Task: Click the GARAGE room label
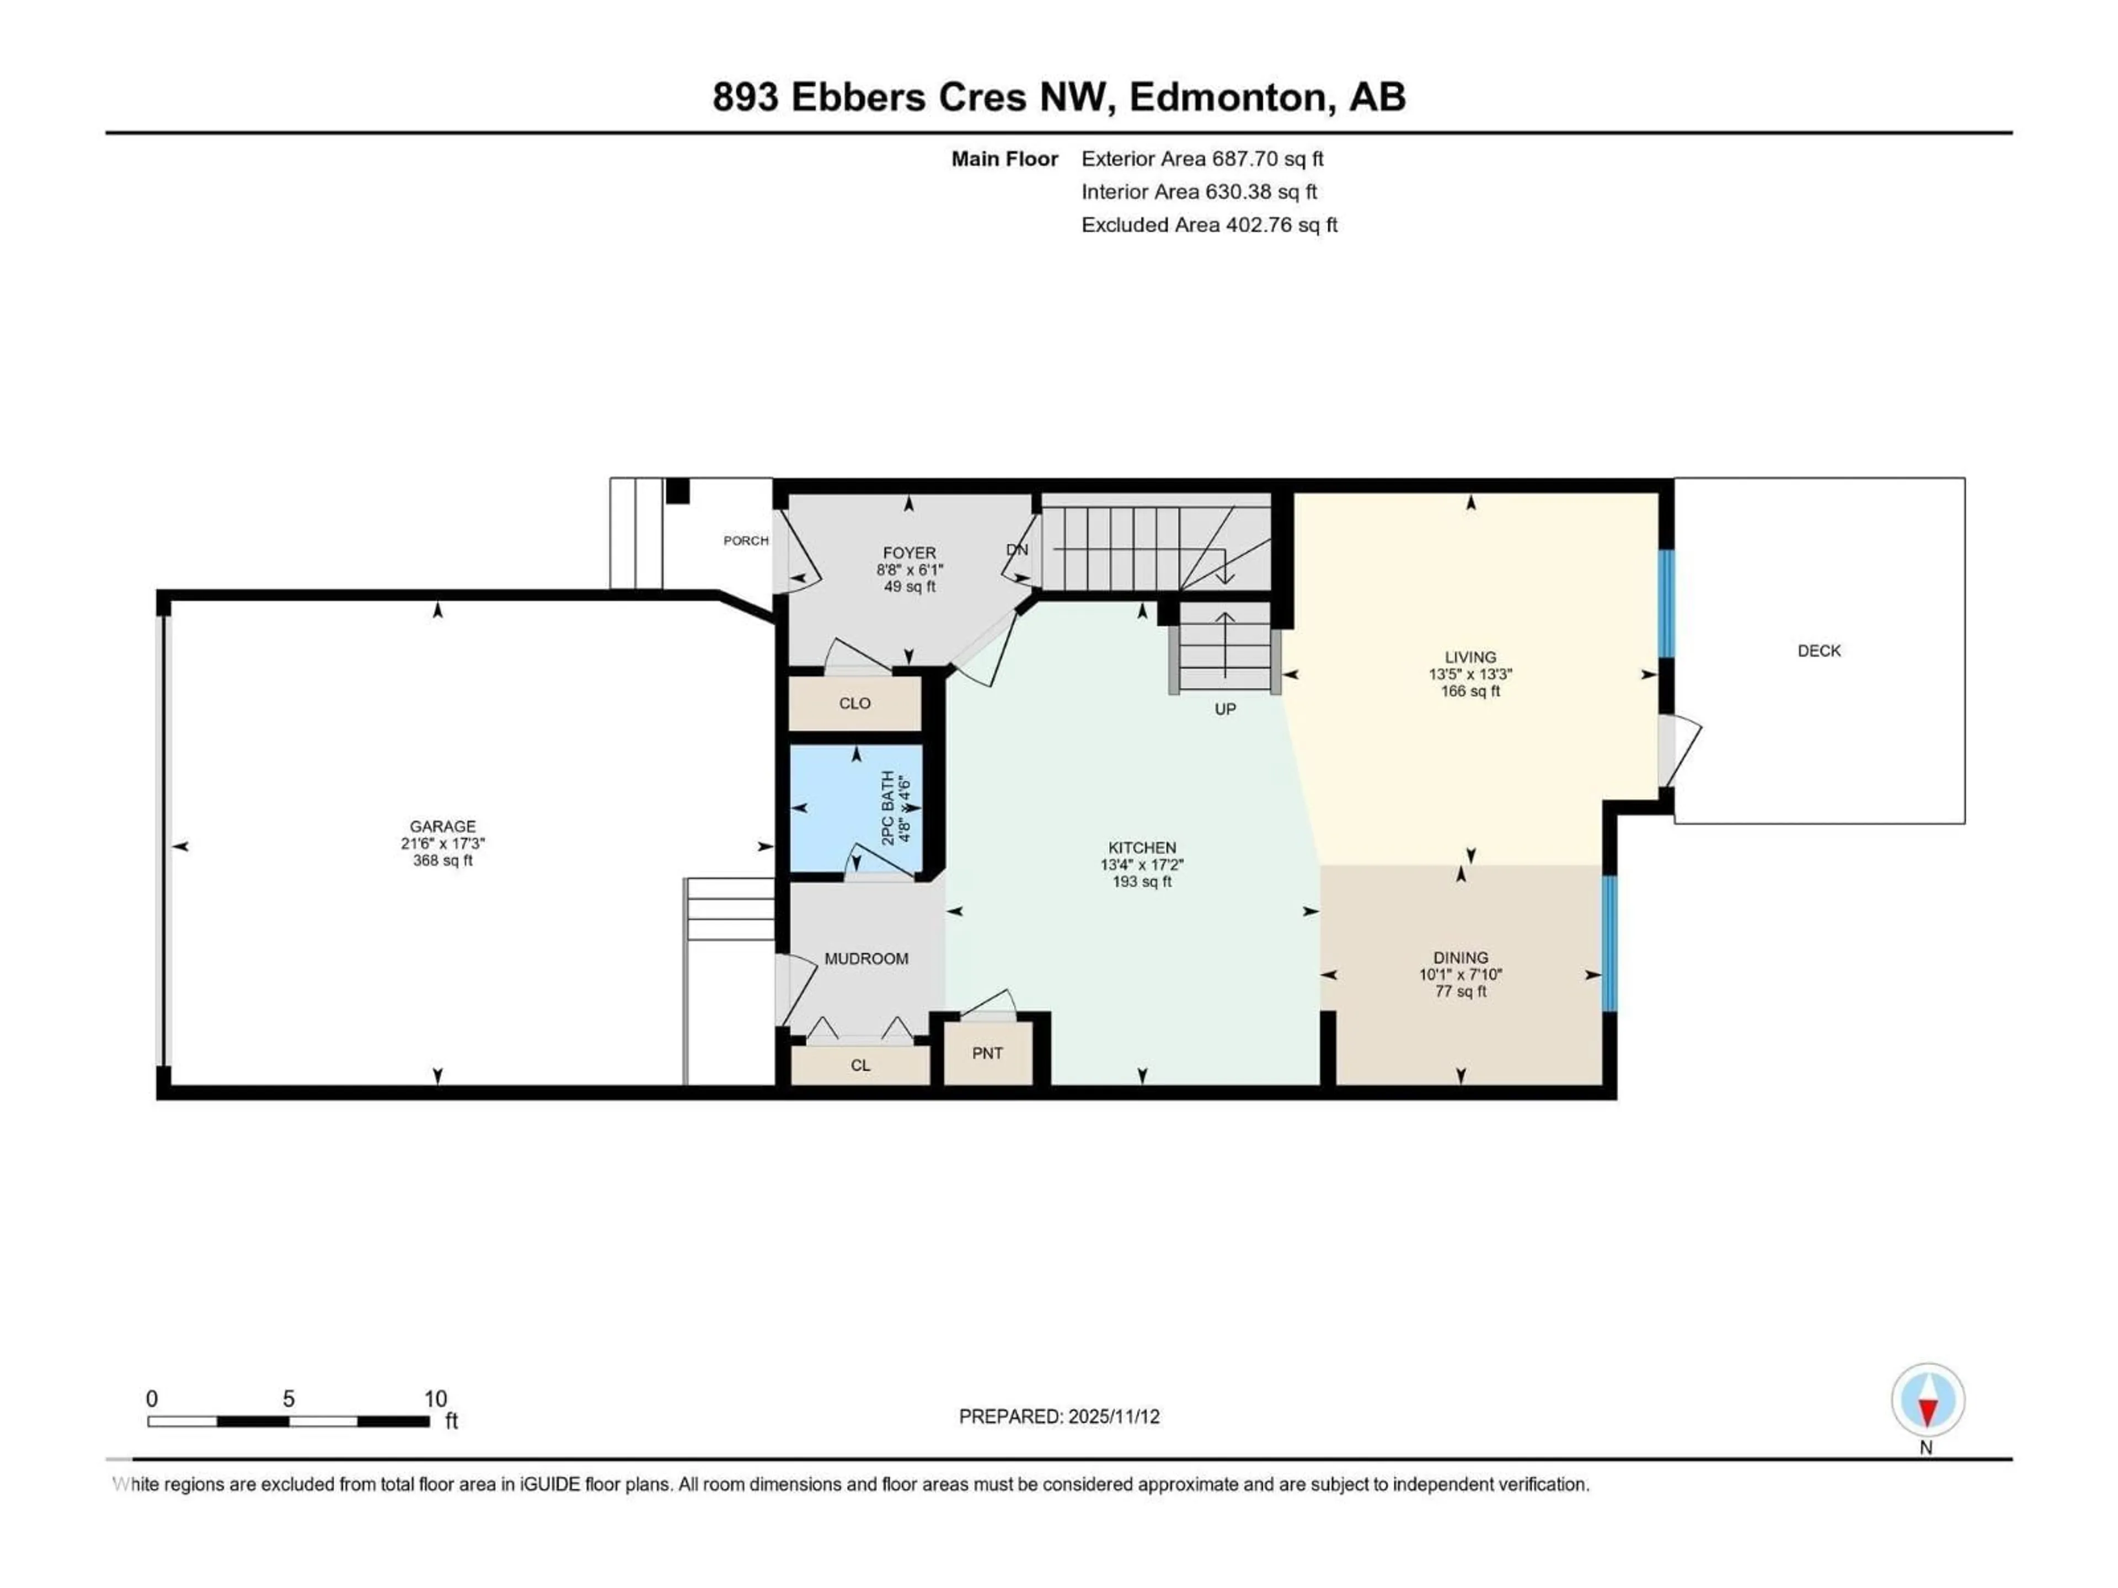coord(442,826)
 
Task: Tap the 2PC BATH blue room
coord(855,809)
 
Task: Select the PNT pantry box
coord(987,1053)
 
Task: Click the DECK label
coord(1819,651)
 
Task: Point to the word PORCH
coord(746,541)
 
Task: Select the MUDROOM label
coord(867,958)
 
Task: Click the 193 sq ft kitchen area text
coord(1141,882)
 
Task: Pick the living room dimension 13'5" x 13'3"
coord(1470,674)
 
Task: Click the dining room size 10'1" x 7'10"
coord(1460,974)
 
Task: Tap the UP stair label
coord(1224,709)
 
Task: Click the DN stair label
coord(1017,549)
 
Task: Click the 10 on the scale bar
coord(436,1398)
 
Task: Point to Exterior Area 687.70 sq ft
coord(1202,159)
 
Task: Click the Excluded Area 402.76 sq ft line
coord(1208,225)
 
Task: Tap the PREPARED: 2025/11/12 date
coord(1059,1417)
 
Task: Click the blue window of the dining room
coord(1609,943)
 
